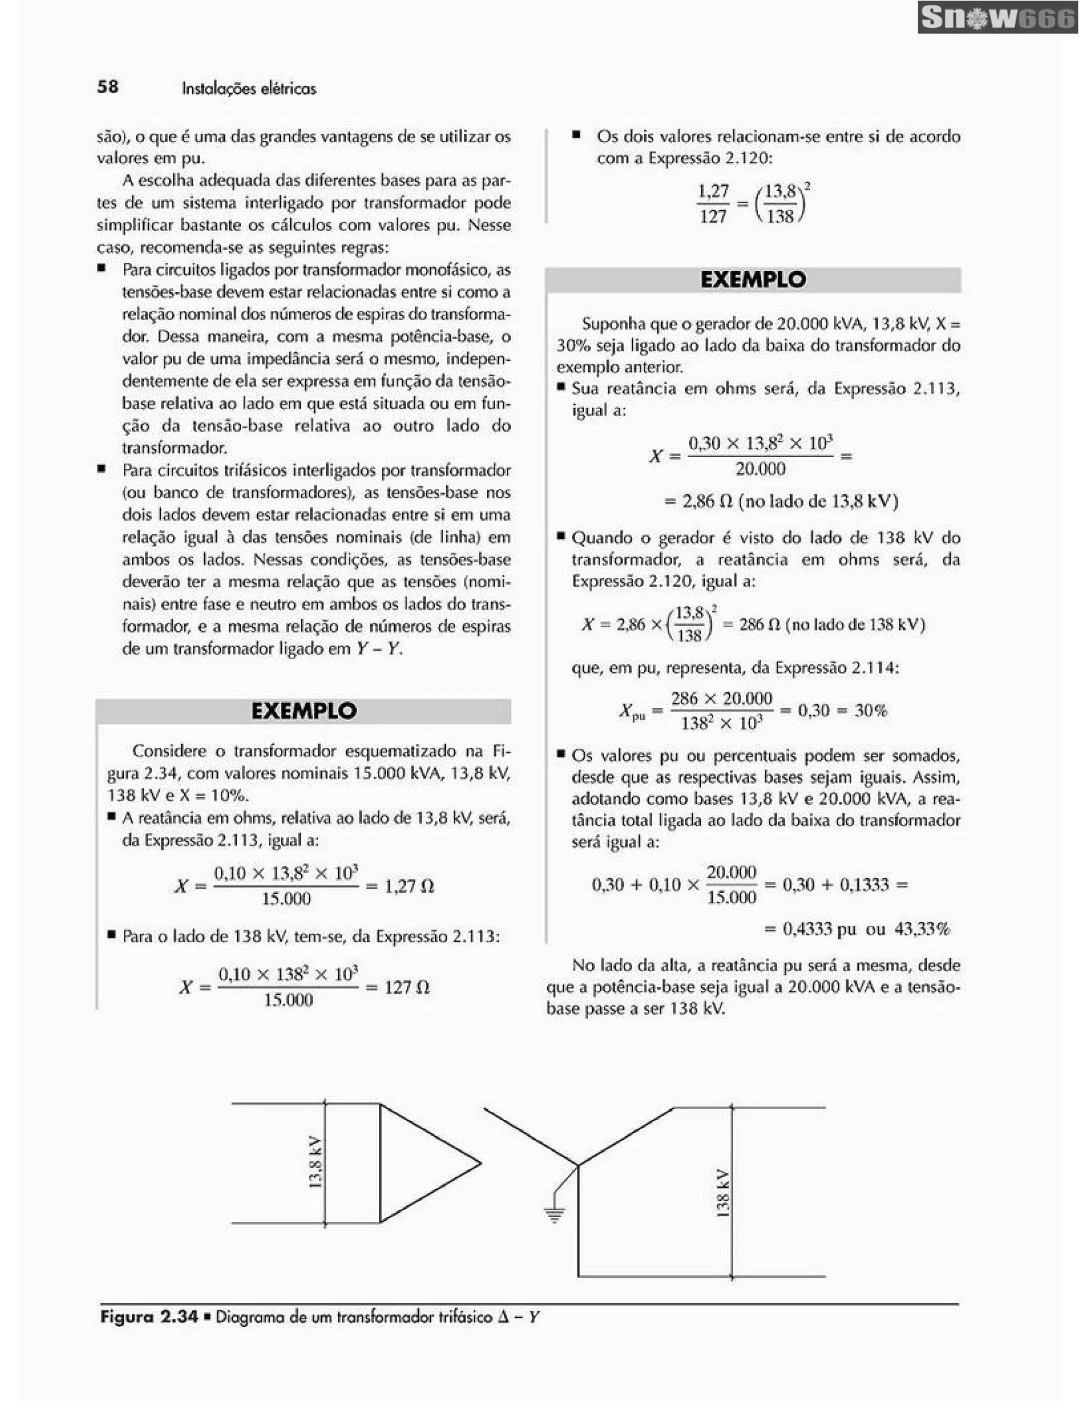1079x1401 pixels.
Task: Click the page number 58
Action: (108, 86)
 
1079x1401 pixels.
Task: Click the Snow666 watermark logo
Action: (997, 18)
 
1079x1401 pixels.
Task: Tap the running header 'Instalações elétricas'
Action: (249, 88)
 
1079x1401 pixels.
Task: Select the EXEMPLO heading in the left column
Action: (303, 711)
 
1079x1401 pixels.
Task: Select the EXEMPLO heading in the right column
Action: (753, 280)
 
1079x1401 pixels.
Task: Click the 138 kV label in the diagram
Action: (722, 1193)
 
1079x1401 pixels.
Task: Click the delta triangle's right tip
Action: (480, 1163)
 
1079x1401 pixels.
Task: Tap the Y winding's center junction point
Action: (578, 1165)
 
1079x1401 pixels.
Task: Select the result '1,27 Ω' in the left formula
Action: (409, 886)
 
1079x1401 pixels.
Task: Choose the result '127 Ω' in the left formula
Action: (407, 987)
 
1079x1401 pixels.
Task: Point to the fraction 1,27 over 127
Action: (713, 203)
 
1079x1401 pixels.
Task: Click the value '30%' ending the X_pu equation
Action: (871, 711)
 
